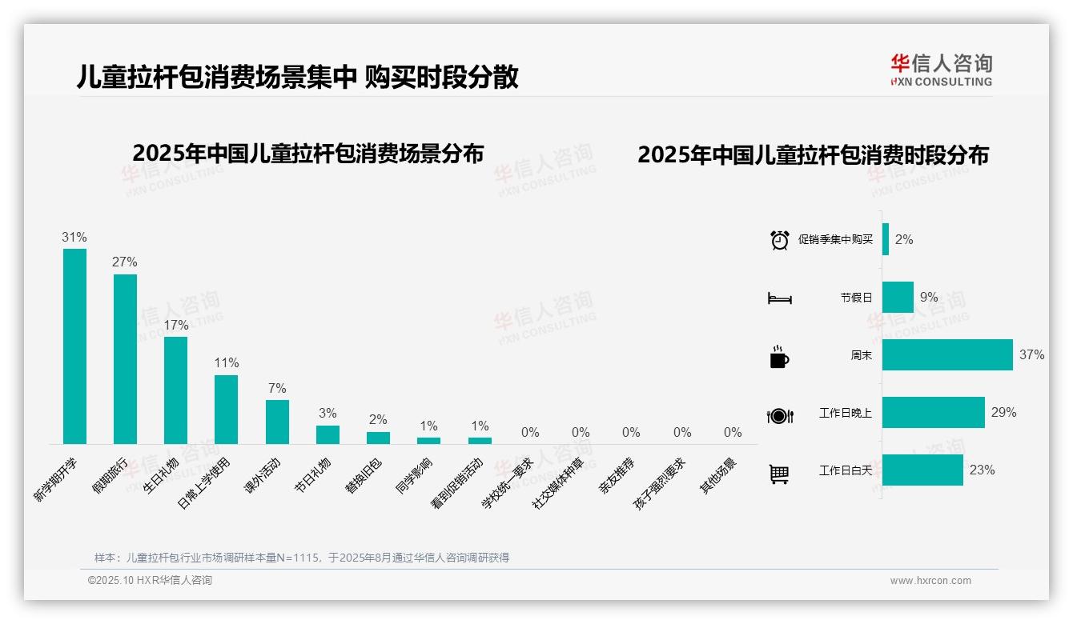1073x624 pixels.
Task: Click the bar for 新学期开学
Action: coord(74,346)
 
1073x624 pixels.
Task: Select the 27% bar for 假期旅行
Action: coord(125,358)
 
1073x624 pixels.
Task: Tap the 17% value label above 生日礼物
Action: coord(176,325)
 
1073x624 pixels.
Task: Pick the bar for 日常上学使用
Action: coord(226,409)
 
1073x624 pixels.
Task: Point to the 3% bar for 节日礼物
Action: coord(328,434)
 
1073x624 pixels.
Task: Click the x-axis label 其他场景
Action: coord(718,477)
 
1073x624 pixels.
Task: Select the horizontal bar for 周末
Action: coord(946,355)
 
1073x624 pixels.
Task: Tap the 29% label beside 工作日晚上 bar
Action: coord(1003,413)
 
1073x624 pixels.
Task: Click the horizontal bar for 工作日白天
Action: coord(922,470)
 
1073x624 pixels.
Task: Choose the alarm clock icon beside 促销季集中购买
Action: coord(779,240)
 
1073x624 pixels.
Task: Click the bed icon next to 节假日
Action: coord(779,298)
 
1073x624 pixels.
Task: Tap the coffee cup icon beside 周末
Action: coord(779,357)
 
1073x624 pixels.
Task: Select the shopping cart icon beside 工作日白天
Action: coord(779,474)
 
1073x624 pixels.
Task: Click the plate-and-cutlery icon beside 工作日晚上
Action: coord(779,415)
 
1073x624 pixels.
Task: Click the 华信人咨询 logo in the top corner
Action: coord(941,70)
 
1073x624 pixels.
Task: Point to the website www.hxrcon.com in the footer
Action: coord(930,581)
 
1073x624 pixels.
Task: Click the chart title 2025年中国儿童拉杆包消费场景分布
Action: coord(308,154)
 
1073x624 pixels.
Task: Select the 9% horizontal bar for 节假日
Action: coord(898,297)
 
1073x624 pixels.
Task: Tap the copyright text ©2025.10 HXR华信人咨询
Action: coord(150,580)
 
